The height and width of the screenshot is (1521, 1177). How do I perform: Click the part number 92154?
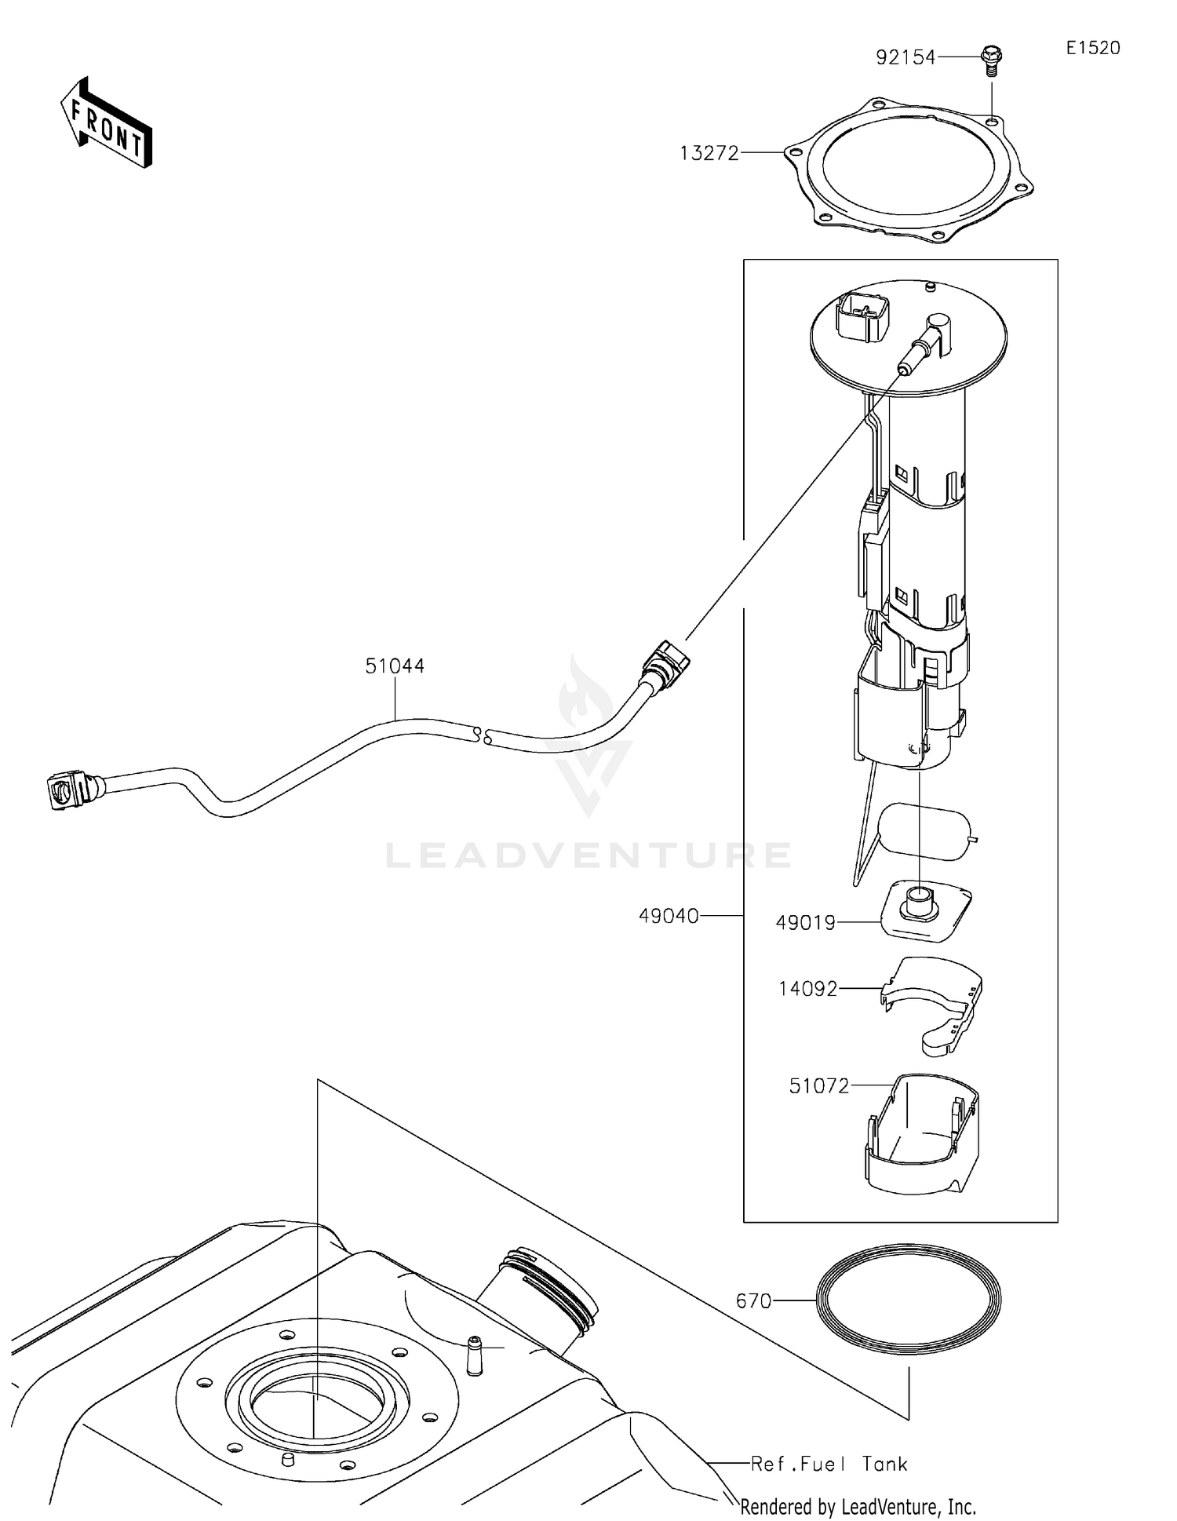pos(906,57)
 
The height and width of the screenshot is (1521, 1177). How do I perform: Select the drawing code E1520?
pos(1092,48)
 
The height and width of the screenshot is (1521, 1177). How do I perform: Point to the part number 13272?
pos(709,154)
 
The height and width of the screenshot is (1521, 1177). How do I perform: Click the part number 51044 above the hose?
pos(395,666)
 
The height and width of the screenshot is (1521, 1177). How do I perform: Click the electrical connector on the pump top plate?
pos(863,317)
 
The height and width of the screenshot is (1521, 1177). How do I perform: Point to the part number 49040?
pos(668,916)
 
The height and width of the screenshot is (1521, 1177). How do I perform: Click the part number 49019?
pos(805,923)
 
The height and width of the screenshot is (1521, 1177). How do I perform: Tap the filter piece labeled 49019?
pos(924,911)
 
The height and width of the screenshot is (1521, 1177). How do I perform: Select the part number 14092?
pos(807,989)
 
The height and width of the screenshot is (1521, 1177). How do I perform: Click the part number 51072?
pos(818,1086)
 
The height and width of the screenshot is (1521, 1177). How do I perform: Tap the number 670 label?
pos(753,1301)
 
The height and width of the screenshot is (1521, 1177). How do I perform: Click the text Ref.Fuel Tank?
pos(829,1464)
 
